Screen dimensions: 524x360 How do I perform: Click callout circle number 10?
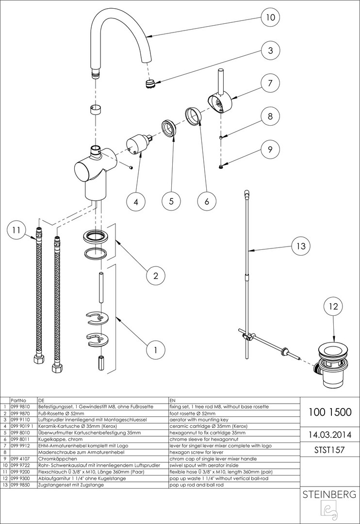(x=270, y=18)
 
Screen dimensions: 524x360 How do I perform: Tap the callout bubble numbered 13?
(x=301, y=246)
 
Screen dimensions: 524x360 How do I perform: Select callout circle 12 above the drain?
(x=333, y=307)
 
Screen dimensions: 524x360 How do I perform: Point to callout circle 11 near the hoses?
(x=17, y=230)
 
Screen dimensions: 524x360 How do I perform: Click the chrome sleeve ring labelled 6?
(x=194, y=117)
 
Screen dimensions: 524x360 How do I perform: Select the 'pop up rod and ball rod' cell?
(x=196, y=484)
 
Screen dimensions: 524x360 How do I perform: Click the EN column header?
(x=173, y=400)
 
